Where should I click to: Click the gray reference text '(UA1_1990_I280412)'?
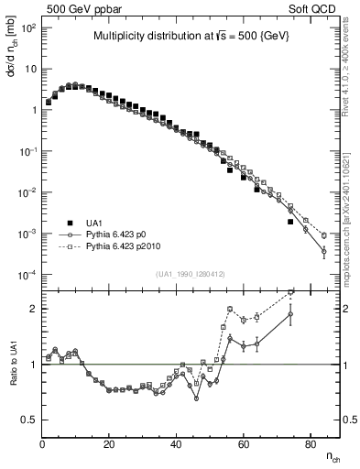190,273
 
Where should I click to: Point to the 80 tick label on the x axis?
311,445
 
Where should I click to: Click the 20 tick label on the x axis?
110,445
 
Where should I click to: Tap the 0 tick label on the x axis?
43,445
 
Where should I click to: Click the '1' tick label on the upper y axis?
33,110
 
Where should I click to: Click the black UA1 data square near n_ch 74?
290,222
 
